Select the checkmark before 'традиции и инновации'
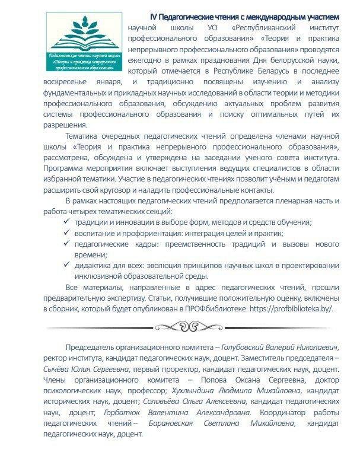(x=66, y=221)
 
